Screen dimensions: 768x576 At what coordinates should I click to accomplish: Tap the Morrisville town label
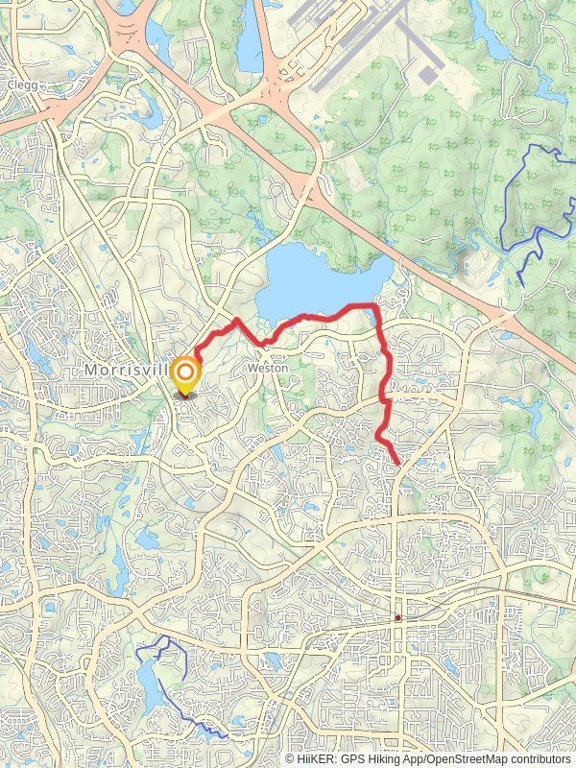tap(125, 370)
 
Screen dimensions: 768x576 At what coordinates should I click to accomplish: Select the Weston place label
tap(268, 368)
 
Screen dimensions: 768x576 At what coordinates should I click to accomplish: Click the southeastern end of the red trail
tap(398, 463)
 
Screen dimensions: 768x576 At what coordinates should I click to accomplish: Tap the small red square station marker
tap(397, 618)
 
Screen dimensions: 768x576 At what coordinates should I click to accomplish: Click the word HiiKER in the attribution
tap(314, 758)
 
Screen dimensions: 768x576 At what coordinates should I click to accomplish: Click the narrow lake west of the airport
tap(250, 43)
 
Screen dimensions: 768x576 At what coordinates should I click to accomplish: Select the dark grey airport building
tap(428, 73)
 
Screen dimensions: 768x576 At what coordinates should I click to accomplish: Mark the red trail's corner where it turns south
tap(372, 306)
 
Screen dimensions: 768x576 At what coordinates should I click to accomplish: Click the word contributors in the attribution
tap(538, 758)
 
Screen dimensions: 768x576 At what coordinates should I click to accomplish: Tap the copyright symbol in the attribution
tap(291, 758)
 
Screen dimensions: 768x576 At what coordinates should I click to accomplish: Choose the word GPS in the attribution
tap(352, 758)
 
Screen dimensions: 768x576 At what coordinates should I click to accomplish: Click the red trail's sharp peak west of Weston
tap(236, 320)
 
